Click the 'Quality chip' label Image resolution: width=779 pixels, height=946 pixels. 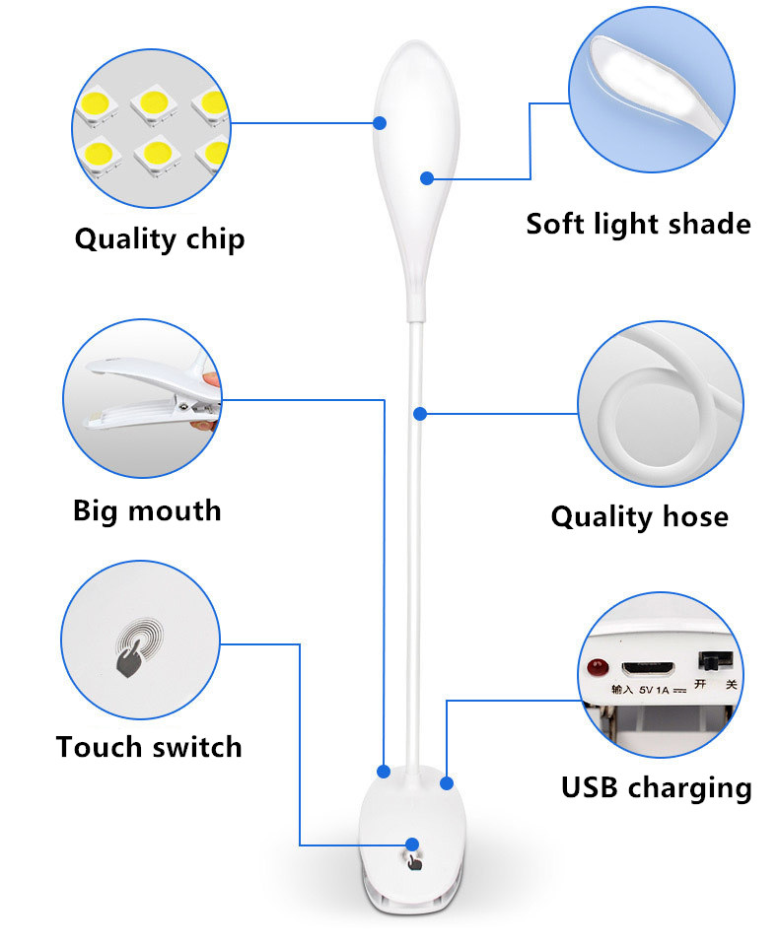[x=160, y=238]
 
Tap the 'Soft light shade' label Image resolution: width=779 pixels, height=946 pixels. [x=638, y=224]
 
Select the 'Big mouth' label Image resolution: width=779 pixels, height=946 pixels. [x=147, y=511]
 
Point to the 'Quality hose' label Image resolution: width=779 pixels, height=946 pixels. [x=640, y=517]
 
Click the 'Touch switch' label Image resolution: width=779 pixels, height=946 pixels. [x=149, y=747]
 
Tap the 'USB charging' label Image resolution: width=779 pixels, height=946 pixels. [x=657, y=788]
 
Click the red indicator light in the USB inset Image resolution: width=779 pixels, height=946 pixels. [x=598, y=667]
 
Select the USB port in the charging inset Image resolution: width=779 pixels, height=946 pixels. [x=648, y=668]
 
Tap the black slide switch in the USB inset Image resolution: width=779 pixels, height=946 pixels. [x=716, y=660]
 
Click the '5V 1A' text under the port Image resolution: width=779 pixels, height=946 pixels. [x=654, y=690]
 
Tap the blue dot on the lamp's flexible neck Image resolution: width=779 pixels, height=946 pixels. [x=420, y=414]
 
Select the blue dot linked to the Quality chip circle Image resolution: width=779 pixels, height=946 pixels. [x=380, y=123]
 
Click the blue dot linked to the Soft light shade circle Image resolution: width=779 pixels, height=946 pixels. [x=427, y=178]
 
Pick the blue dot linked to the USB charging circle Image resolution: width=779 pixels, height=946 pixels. [x=447, y=783]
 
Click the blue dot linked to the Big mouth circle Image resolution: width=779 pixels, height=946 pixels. [x=384, y=771]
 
